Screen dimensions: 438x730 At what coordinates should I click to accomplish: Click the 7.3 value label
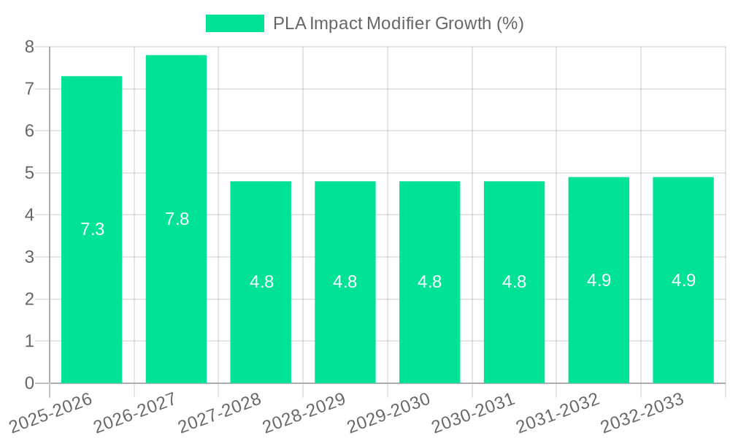coord(93,229)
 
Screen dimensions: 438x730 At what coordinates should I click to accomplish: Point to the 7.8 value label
coord(177,219)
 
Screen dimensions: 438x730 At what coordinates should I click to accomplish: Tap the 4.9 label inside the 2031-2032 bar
coord(599,280)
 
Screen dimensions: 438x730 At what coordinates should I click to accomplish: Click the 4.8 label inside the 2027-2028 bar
coord(262,282)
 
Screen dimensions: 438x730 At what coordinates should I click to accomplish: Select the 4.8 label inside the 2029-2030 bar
coord(430,282)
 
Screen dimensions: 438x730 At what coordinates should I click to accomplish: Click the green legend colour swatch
coord(235,23)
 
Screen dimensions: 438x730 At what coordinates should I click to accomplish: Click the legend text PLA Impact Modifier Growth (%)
coord(399,23)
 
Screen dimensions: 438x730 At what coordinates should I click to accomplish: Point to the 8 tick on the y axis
coord(29,47)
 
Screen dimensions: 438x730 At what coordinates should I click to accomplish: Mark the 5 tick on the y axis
coord(29,173)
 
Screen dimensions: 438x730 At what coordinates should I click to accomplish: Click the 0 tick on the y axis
coord(29,383)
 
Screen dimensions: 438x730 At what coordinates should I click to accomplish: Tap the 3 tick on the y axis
coord(29,257)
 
